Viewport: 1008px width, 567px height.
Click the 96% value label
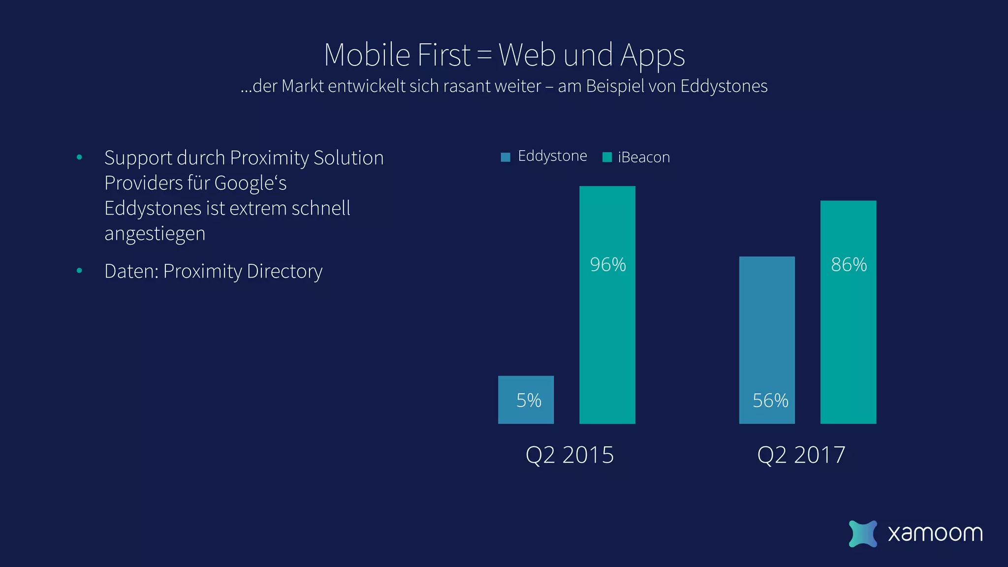tap(608, 265)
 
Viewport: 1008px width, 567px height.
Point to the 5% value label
tap(529, 401)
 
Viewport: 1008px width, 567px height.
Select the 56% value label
tap(770, 401)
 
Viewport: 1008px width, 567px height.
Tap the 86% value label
tap(849, 265)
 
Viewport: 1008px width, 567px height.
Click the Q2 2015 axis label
tap(569, 455)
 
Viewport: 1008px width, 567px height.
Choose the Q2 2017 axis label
tap(801, 455)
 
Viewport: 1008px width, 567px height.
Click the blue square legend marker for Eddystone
tap(505, 157)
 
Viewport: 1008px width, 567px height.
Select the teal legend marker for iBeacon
tap(607, 157)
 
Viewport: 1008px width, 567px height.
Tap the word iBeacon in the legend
tap(644, 157)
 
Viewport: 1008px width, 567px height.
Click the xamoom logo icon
tap(863, 534)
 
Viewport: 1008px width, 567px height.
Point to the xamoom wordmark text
tap(935, 534)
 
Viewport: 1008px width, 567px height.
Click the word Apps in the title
tap(652, 56)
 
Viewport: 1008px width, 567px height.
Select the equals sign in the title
tap(484, 55)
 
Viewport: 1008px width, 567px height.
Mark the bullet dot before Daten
tap(79, 271)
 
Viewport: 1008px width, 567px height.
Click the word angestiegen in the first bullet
tap(155, 234)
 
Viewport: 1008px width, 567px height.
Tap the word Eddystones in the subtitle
tap(724, 87)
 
